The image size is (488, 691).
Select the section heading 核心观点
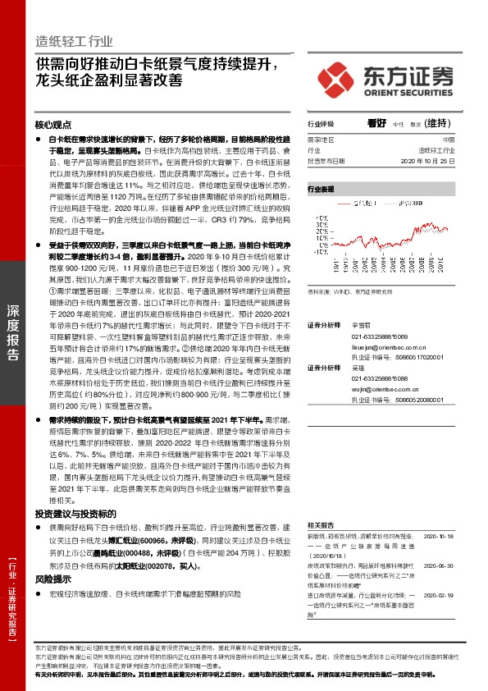point(54,126)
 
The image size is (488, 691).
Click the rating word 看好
point(376,124)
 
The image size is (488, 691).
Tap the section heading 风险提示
point(53,579)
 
